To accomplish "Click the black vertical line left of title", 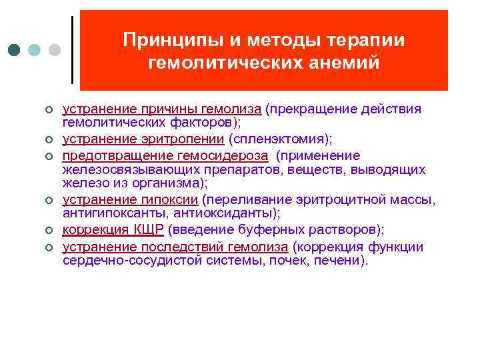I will (x=71, y=49).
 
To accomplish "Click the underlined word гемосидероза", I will (x=231, y=155).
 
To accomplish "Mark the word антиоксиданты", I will (x=235, y=213).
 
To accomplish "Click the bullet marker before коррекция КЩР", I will (x=49, y=231).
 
